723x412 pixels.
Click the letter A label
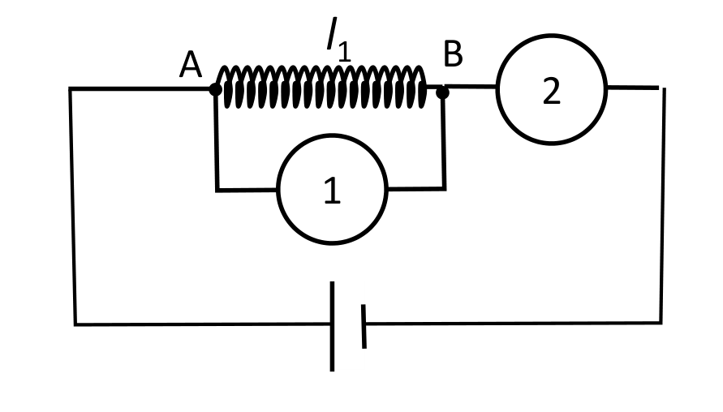(191, 65)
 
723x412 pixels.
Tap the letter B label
(453, 54)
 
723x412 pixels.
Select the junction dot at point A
(215, 89)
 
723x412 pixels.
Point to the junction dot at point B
(442, 92)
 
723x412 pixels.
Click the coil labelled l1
(321, 87)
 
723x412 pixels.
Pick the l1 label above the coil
(339, 40)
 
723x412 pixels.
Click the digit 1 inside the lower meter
(332, 191)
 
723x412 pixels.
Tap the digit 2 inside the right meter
(552, 91)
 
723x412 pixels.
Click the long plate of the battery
(332, 326)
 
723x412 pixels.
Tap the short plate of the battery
(364, 326)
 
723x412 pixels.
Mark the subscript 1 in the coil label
(344, 52)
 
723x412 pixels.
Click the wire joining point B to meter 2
(469, 86)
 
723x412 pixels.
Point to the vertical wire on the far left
(72, 207)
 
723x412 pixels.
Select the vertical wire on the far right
(663, 205)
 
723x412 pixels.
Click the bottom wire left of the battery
(202, 324)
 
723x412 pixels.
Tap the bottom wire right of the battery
(514, 323)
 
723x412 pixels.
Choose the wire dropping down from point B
(444, 141)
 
